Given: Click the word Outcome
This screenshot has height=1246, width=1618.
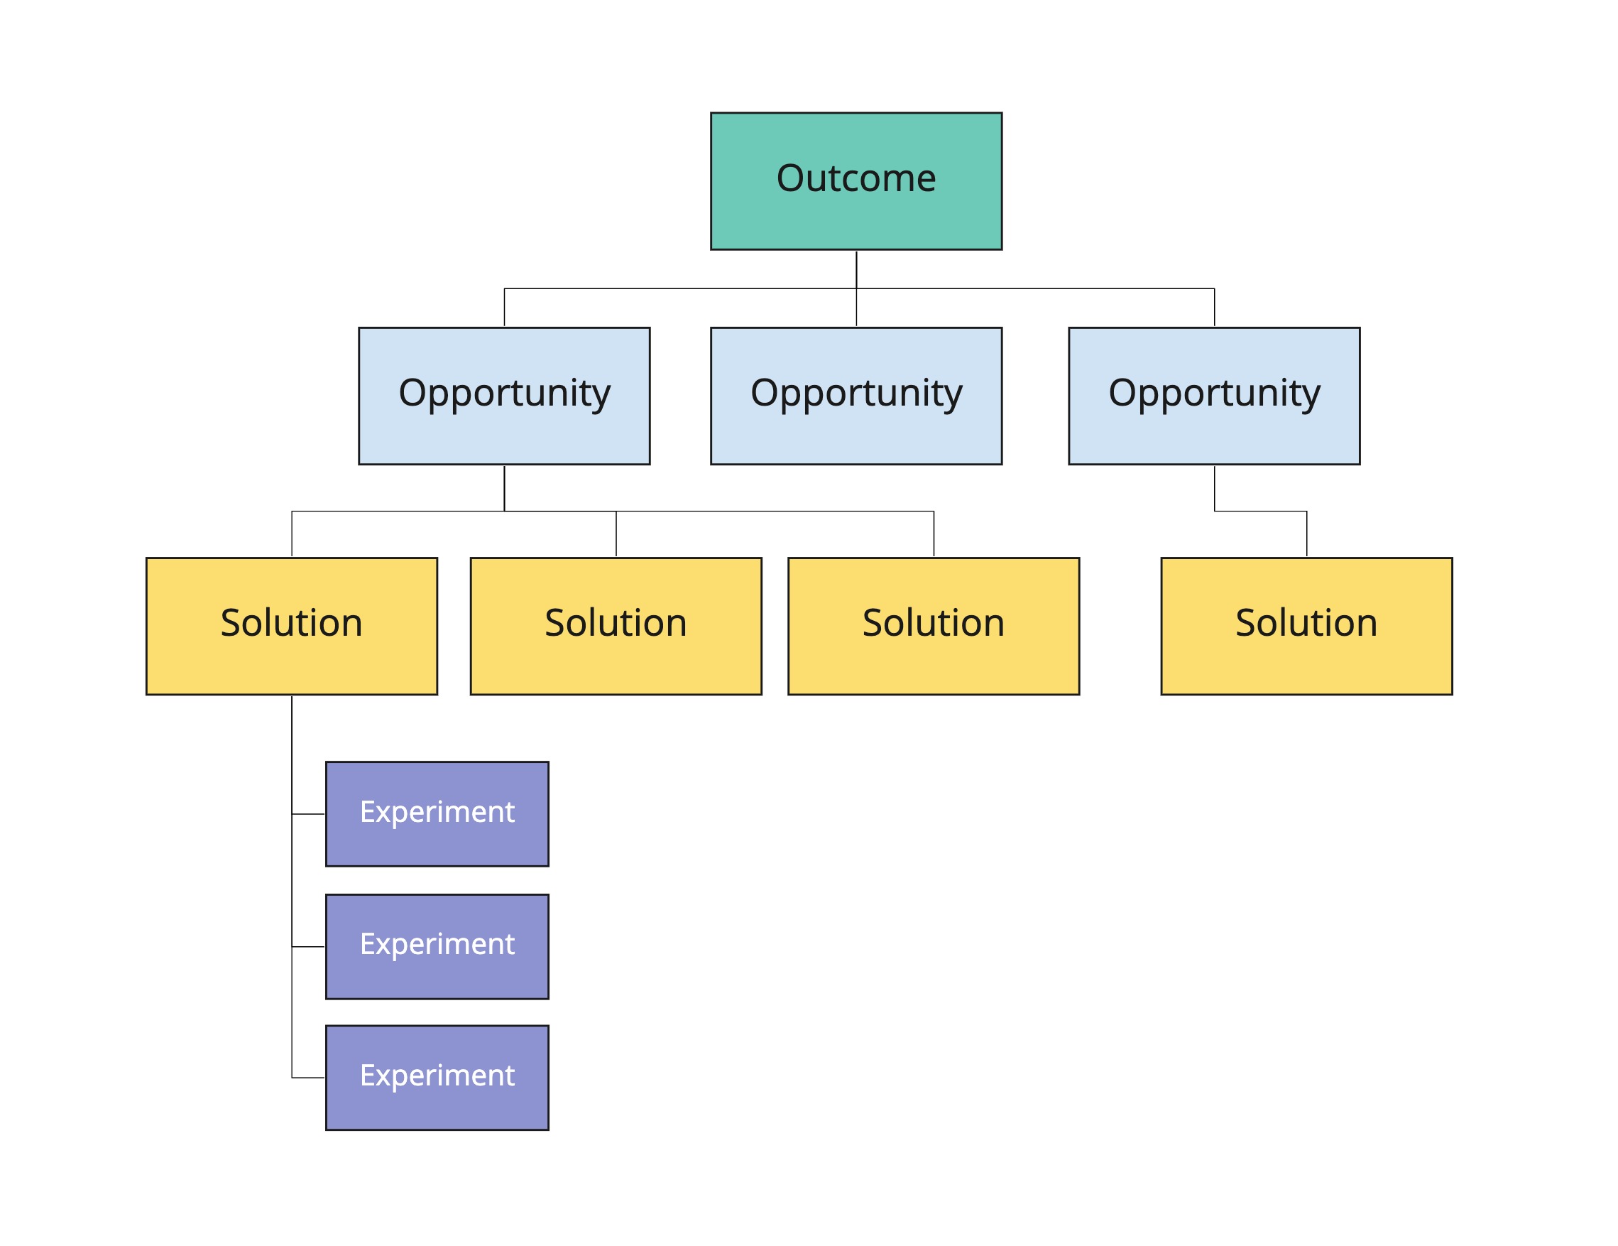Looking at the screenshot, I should pyautogui.click(x=856, y=178).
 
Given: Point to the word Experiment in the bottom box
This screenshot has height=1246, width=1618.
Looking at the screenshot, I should pyautogui.click(x=437, y=1076).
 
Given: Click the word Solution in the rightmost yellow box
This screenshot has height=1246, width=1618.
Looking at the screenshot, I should pyautogui.click(x=1306, y=622).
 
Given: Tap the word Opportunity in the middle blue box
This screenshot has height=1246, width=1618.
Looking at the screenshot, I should pyautogui.click(x=856, y=393).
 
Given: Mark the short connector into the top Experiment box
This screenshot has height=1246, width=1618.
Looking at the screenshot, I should pyautogui.click(x=308, y=814).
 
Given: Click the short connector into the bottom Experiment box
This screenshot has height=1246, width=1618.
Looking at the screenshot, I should pyautogui.click(x=308, y=1077).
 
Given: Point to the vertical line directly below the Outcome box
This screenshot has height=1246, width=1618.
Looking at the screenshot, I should pyautogui.click(x=856, y=270).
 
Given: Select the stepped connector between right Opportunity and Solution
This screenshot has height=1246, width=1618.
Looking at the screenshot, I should pyautogui.click(x=1259, y=511).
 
